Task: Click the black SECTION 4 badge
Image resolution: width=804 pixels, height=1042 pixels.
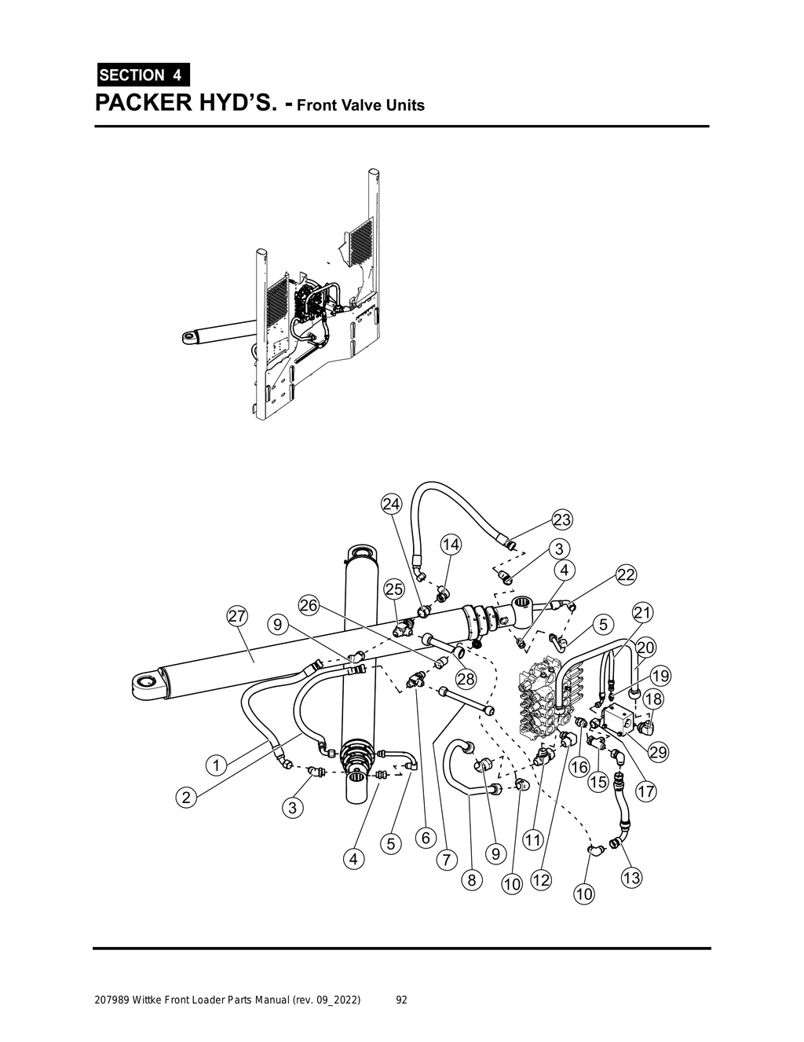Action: [x=142, y=75]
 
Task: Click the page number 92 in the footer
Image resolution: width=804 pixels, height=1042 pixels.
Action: [x=401, y=1000]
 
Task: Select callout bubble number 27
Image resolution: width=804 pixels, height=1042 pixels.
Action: [x=236, y=616]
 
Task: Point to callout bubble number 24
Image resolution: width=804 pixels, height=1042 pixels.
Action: [x=391, y=504]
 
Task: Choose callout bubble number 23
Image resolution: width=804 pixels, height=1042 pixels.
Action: [x=562, y=519]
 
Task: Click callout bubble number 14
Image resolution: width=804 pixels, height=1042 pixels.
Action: [x=450, y=545]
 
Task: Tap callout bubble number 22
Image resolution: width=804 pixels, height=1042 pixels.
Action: [x=625, y=574]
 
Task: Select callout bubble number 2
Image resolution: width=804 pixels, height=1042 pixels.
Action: [x=185, y=798]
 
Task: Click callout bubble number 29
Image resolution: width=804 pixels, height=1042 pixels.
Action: [x=658, y=752]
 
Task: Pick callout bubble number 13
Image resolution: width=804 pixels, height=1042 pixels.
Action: [x=631, y=877]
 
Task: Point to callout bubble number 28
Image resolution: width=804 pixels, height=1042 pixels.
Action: [x=466, y=678]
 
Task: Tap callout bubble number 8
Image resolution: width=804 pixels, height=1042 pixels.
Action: [x=471, y=881]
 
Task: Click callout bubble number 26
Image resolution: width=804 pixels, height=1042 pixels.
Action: [x=309, y=605]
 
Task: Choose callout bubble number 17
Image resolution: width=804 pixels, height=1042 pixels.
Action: [x=645, y=792]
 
